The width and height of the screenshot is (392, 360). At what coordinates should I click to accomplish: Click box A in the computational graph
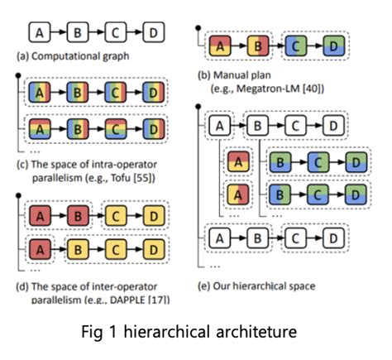click(x=40, y=32)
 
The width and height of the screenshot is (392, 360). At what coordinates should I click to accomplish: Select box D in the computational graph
click(x=154, y=32)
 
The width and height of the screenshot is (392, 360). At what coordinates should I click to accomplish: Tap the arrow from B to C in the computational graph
click(x=97, y=32)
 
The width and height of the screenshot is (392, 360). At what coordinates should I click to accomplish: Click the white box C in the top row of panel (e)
click(x=295, y=126)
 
